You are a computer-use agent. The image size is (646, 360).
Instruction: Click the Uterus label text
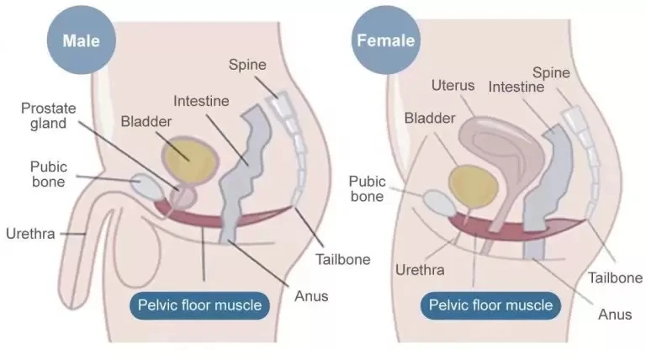click(x=453, y=85)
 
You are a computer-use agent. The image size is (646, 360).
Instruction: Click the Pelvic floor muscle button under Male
click(x=200, y=305)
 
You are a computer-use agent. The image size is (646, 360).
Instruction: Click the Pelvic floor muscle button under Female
click(x=491, y=304)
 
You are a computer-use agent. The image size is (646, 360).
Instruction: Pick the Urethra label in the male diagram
click(x=30, y=233)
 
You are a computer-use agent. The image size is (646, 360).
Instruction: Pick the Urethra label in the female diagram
click(x=420, y=270)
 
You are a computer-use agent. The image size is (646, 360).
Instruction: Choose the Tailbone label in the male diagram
click(x=342, y=259)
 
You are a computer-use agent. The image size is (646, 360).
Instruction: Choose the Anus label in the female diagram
click(x=614, y=315)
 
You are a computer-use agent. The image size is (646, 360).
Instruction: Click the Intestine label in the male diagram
click(x=201, y=101)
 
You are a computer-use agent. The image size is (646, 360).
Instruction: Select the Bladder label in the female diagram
click(x=429, y=117)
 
